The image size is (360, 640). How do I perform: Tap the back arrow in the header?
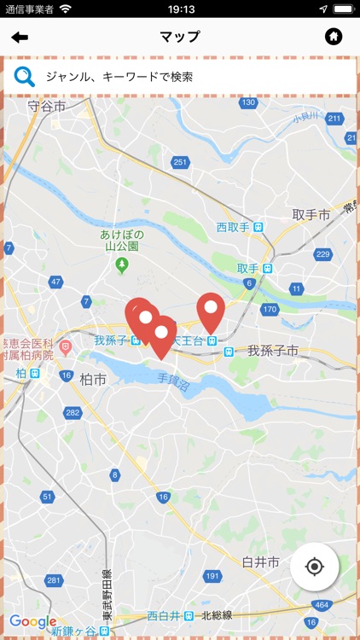coord(20,37)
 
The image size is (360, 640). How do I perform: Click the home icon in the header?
coord(334,37)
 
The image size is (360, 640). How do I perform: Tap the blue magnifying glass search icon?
coord(25,76)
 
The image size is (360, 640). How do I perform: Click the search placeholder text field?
coord(119,77)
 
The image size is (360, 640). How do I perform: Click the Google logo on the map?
coord(32,622)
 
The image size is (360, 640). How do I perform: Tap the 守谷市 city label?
coord(46,107)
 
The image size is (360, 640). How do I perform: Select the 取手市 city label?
coord(311,215)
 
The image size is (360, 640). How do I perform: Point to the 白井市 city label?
coord(260,562)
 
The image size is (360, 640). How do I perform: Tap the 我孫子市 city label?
coord(272,351)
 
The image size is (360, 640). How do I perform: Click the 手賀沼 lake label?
coord(174,375)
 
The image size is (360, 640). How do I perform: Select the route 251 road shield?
coord(179,162)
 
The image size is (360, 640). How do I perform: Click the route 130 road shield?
coord(247,103)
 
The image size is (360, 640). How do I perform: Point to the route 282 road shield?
coord(73,413)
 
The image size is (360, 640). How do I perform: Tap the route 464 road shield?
coord(322,604)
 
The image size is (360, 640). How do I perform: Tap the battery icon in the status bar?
coord(343,9)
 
